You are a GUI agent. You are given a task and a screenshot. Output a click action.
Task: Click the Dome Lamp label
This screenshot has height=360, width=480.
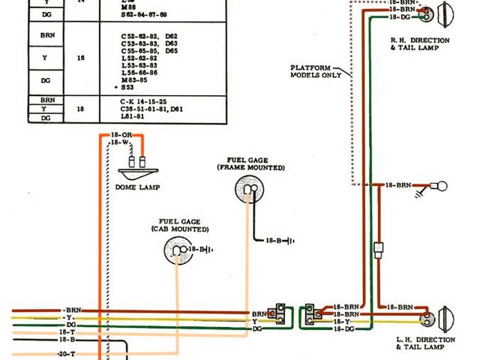tap(137, 187)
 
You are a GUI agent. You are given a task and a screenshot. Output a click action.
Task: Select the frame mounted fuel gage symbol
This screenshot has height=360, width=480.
tap(250, 190)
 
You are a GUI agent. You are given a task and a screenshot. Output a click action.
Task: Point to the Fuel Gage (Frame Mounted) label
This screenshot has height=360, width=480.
tap(251, 163)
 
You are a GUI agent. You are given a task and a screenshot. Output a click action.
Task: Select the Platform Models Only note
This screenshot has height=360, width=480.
tap(316, 71)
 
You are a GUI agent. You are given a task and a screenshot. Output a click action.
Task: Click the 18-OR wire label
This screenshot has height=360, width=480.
tap(121, 135)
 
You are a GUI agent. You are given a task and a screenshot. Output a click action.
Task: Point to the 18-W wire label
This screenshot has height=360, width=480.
tap(120, 142)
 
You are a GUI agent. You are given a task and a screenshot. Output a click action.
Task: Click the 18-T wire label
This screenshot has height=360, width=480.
tap(67, 331)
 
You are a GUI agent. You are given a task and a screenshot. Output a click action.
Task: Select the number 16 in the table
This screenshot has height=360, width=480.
tap(80, 56)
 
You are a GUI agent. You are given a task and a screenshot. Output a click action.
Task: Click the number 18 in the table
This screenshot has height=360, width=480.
tap(80, 108)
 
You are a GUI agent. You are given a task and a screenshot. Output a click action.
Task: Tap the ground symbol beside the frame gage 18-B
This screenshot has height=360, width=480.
tap(289, 241)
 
